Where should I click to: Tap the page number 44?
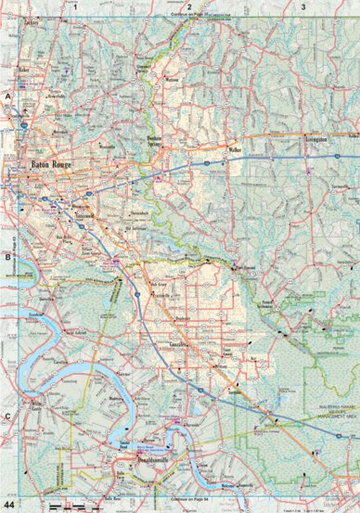(10, 503)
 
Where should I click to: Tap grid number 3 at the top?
(302, 6)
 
